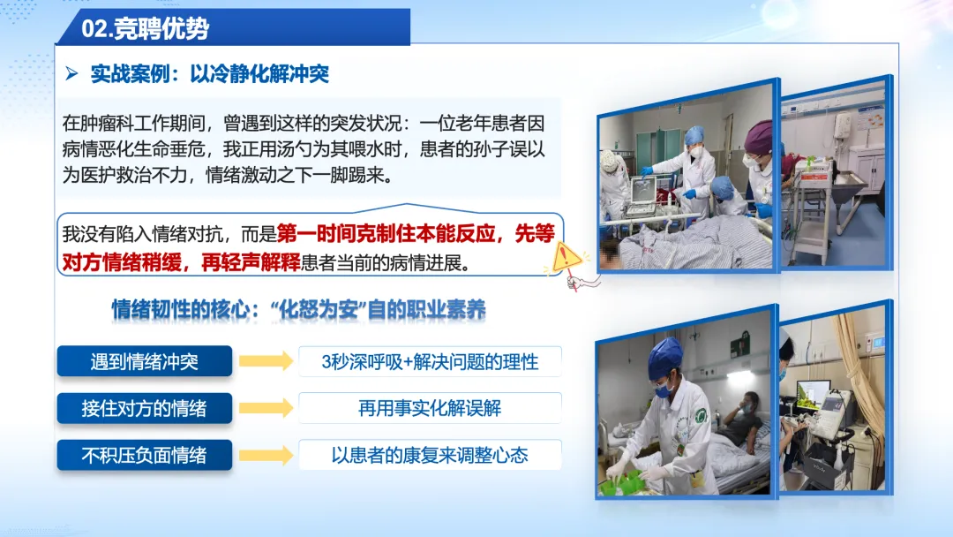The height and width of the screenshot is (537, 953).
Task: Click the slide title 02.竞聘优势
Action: (x=146, y=28)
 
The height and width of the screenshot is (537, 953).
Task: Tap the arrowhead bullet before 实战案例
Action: (x=71, y=73)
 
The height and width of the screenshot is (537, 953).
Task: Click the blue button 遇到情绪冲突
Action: (x=145, y=361)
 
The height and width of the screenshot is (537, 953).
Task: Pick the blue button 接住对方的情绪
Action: (x=145, y=408)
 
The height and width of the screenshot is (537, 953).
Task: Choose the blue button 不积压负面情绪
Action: (x=145, y=455)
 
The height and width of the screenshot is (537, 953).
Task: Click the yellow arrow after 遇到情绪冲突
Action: (x=266, y=360)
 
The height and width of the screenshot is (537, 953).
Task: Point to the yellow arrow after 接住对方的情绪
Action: (x=266, y=407)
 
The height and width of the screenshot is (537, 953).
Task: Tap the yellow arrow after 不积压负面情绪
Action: (x=266, y=455)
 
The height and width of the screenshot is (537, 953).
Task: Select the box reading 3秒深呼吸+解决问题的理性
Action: (x=430, y=362)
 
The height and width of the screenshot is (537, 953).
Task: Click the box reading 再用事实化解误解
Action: (x=430, y=408)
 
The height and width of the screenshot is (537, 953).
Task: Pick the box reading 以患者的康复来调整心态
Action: (x=430, y=455)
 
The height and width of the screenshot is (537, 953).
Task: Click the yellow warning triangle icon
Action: (x=567, y=257)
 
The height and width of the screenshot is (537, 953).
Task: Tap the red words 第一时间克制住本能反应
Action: (x=386, y=233)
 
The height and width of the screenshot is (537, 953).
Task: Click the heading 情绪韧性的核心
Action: (x=181, y=310)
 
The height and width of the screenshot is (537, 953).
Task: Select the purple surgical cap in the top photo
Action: (x=759, y=138)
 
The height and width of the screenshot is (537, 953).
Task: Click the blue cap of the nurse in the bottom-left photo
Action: (x=665, y=359)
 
